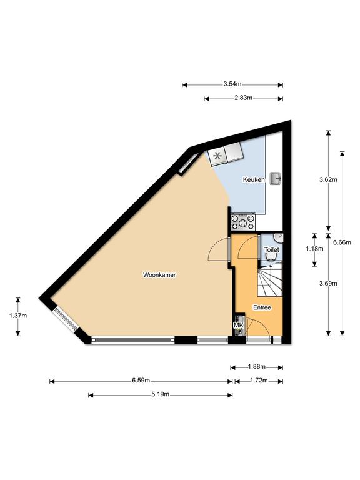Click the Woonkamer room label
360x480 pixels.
coord(159,275)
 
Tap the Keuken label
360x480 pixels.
coord(254,180)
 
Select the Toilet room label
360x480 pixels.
coord(271,250)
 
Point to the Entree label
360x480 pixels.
coord(262,307)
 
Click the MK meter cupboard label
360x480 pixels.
coord(239,326)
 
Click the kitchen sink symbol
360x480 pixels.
coord(276,178)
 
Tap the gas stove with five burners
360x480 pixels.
coord(243,222)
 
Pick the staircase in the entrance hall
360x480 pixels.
coord(270,281)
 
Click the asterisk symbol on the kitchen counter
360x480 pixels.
coord(217,156)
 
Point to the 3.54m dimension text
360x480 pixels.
coord(232,84)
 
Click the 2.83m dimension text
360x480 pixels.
coord(243,98)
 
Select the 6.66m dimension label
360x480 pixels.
coord(342,242)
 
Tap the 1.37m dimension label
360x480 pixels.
coord(18,316)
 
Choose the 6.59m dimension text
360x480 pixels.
coord(141,381)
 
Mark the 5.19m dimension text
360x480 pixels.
coord(160,394)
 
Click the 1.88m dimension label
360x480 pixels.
coord(256,366)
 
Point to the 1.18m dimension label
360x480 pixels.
coord(314,249)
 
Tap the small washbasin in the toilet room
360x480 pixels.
coord(279,238)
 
